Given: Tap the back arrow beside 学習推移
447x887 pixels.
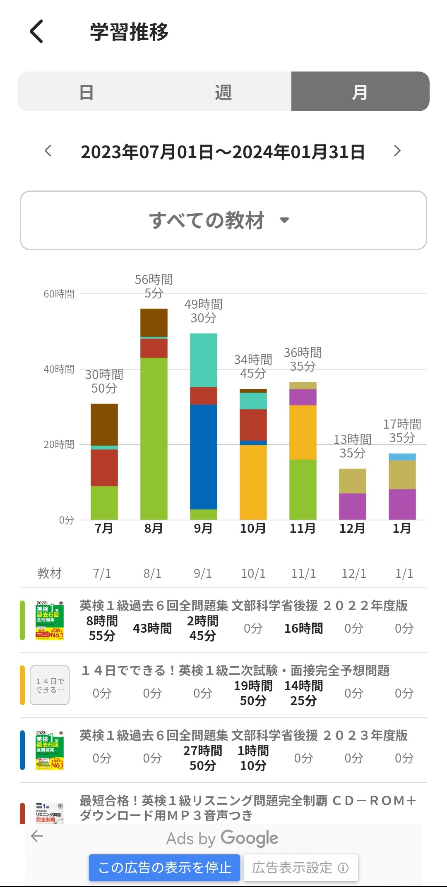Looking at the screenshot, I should pyautogui.click(x=36, y=31).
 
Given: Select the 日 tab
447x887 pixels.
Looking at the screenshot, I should pyautogui.click(x=86, y=92).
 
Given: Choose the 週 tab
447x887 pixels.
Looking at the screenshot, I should pyautogui.click(x=223, y=92).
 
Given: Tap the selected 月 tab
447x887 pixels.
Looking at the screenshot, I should pyautogui.click(x=360, y=92).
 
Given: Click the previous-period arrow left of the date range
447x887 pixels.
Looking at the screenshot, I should pyautogui.click(x=48, y=151).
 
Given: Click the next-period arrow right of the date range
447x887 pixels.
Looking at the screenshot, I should pyautogui.click(x=397, y=151).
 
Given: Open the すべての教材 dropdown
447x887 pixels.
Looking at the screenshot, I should pyautogui.click(x=223, y=220).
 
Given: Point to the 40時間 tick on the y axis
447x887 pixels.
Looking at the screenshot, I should pyautogui.click(x=59, y=369).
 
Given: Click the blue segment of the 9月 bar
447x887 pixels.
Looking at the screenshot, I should pyautogui.click(x=203, y=457).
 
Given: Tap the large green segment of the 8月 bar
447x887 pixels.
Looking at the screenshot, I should pyautogui.click(x=154, y=438).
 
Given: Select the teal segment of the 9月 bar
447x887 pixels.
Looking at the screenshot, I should pyautogui.click(x=203, y=360).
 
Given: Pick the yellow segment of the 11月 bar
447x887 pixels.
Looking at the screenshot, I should pyautogui.click(x=303, y=432).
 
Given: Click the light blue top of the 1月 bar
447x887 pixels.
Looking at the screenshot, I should pyautogui.click(x=402, y=457).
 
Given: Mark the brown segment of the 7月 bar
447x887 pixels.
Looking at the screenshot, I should pyautogui.click(x=104, y=424).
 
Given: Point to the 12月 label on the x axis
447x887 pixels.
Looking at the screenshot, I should pyautogui.click(x=352, y=528).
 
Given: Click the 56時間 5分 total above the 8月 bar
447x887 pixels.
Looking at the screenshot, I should pyautogui.click(x=154, y=286).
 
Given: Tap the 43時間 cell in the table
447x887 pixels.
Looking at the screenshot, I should pyautogui.click(x=152, y=628).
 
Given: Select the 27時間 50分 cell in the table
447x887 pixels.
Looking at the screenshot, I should pyautogui.click(x=203, y=758).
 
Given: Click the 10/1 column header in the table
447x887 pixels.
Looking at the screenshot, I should pyautogui.click(x=253, y=573).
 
